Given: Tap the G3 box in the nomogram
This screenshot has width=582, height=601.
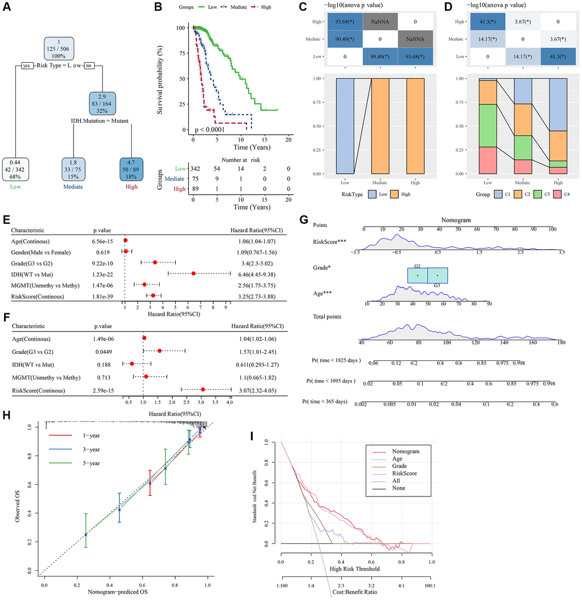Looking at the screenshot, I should [438, 275].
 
